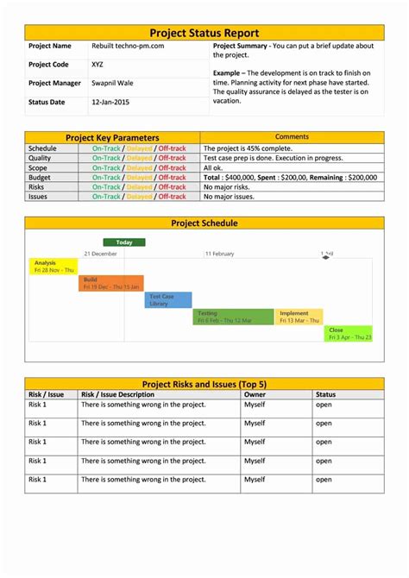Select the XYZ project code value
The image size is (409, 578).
[x=99, y=65]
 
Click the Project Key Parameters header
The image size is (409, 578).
[x=112, y=137]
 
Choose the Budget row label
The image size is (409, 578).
[x=40, y=177]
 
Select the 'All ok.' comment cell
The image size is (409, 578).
[x=213, y=167]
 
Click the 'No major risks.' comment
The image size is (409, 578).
[x=228, y=186]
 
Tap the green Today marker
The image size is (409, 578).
[x=124, y=242]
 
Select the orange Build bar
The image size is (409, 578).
[x=111, y=283]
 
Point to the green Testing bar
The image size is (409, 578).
[x=233, y=317]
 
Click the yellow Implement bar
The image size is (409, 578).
[x=299, y=317]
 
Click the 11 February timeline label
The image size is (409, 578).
[x=219, y=254]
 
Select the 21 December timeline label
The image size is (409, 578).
[x=100, y=254]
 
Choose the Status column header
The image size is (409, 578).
[x=325, y=394]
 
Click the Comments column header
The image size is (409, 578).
[x=292, y=137]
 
